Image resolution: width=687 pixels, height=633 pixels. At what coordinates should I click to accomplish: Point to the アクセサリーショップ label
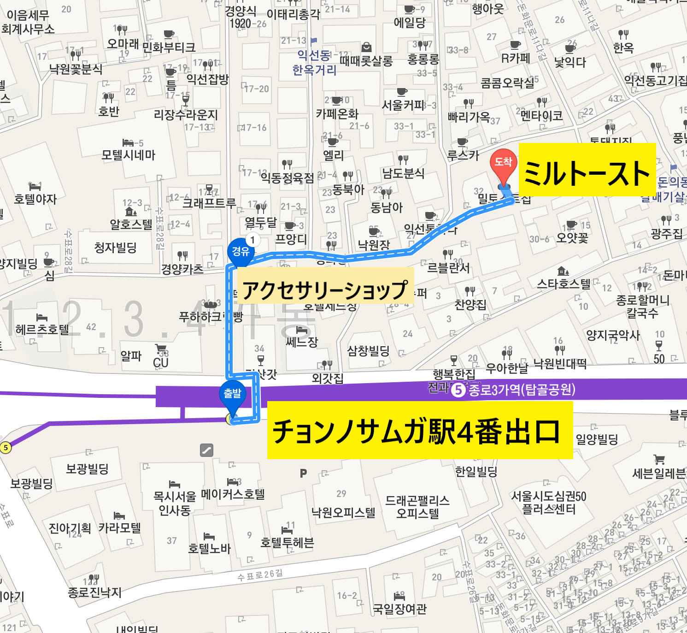click(x=325, y=290)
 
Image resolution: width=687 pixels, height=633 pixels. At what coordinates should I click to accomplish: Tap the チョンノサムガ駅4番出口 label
click(x=419, y=431)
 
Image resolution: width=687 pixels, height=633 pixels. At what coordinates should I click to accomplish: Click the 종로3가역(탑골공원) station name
click(x=522, y=390)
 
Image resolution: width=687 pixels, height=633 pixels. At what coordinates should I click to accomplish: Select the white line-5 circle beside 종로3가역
click(x=458, y=390)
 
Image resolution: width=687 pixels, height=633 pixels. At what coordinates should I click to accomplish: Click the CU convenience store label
click(x=161, y=363)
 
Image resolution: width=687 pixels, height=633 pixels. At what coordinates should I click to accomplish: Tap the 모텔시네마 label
click(x=129, y=155)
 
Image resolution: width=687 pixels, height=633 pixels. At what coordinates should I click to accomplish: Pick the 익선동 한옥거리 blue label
click(x=314, y=63)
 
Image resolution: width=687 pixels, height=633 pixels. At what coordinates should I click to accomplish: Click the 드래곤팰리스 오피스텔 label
click(x=417, y=507)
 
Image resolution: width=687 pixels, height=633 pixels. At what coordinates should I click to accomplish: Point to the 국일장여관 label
click(x=399, y=609)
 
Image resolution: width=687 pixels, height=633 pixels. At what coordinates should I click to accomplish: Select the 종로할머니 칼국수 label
click(x=642, y=307)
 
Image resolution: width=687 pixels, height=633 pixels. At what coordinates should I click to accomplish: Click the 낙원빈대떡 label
click(x=560, y=364)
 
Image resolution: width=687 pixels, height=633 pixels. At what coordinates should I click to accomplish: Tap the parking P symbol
click(x=303, y=473)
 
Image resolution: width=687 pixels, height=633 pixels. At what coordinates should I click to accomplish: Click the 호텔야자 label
click(x=35, y=199)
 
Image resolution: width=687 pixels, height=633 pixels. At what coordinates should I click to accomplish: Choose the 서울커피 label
click(x=403, y=105)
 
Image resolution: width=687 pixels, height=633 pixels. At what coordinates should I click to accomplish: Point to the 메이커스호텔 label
click(x=233, y=495)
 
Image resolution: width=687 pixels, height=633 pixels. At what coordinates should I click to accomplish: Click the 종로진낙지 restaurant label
click(x=94, y=592)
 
